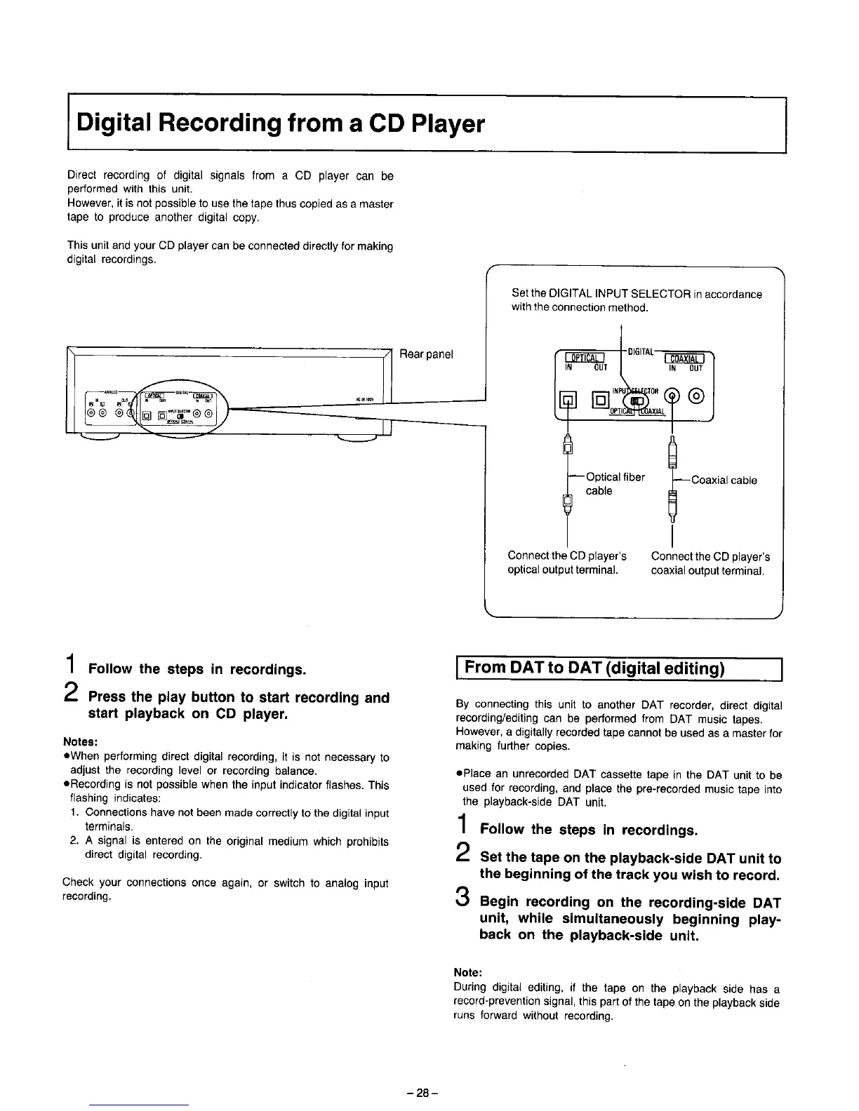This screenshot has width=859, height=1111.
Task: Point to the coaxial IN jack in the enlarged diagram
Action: coord(672,398)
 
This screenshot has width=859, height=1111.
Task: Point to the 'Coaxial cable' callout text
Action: coord(724,480)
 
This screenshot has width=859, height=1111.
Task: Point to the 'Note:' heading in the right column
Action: coord(467,972)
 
